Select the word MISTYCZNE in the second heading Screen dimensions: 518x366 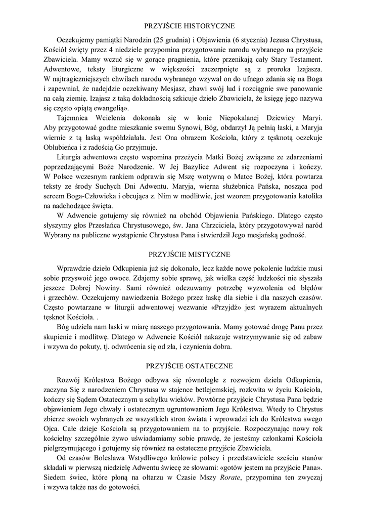(x=208, y=254)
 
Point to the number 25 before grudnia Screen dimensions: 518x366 (x=162, y=39)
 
